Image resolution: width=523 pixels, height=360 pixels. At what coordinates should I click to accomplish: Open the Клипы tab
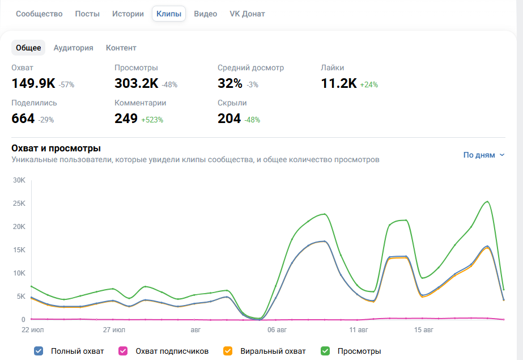(x=169, y=14)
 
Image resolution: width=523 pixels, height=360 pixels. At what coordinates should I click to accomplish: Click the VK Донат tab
(x=247, y=14)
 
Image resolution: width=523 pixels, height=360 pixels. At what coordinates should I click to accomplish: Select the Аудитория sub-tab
(x=74, y=48)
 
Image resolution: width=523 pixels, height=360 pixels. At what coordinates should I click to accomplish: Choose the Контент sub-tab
(x=121, y=48)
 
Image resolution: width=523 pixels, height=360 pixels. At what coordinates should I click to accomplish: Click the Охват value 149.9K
(x=33, y=83)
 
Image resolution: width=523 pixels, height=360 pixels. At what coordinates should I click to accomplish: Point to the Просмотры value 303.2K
(x=137, y=83)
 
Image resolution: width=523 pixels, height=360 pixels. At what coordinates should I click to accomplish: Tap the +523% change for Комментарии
(x=152, y=120)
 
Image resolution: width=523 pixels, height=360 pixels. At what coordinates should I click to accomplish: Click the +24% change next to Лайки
(x=369, y=84)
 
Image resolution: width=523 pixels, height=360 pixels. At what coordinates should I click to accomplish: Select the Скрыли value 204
(x=229, y=118)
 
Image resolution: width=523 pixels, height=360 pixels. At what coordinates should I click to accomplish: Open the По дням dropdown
(x=484, y=155)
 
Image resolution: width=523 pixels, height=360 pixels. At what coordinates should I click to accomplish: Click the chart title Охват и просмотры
(x=56, y=148)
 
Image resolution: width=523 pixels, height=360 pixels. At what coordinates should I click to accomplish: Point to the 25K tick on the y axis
(x=19, y=203)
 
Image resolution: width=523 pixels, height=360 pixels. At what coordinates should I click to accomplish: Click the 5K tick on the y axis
(x=21, y=297)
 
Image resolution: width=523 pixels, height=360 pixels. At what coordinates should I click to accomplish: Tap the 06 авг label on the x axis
(x=277, y=329)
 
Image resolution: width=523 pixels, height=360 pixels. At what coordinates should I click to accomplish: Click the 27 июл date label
(x=114, y=329)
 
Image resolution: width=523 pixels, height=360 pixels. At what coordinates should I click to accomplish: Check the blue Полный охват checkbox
(x=39, y=351)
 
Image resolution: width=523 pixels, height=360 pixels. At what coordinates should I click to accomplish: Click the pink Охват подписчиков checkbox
(x=123, y=351)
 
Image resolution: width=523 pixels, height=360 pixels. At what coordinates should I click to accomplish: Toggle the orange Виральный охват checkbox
(x=228, y=351)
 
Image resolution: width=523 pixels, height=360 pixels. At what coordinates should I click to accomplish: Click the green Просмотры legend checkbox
(x=325, y=351)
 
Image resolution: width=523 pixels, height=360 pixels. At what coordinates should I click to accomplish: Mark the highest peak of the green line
(x=488, y=201)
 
